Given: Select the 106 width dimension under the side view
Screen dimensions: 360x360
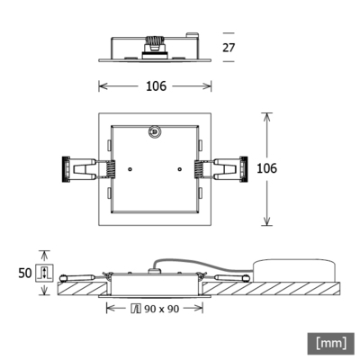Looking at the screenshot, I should (x=155, y=86).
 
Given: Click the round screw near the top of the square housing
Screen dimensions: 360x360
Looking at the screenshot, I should (x=154, y=131).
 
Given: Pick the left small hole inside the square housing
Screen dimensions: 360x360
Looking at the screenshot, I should (x=130, y=168).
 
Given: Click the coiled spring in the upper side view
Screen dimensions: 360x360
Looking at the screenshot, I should (x=155, y=42).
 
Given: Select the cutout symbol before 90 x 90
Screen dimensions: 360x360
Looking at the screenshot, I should (x=136, y=309).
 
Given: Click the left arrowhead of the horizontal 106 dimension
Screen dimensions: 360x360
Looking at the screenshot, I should (x=101, y=86).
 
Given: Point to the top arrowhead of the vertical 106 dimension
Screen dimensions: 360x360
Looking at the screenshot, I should (x=266, y=115).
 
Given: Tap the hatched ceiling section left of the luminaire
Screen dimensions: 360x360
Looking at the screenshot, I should (x=81, y=289).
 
